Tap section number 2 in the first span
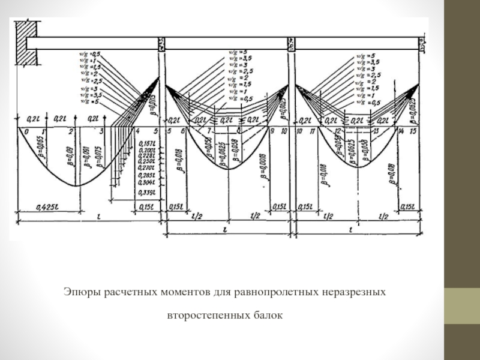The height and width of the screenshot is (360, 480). [71, 131]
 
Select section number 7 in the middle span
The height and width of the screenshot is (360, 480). [209, 131]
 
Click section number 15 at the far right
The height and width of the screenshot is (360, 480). [413, 131]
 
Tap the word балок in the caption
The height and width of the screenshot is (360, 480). [268, 314]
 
